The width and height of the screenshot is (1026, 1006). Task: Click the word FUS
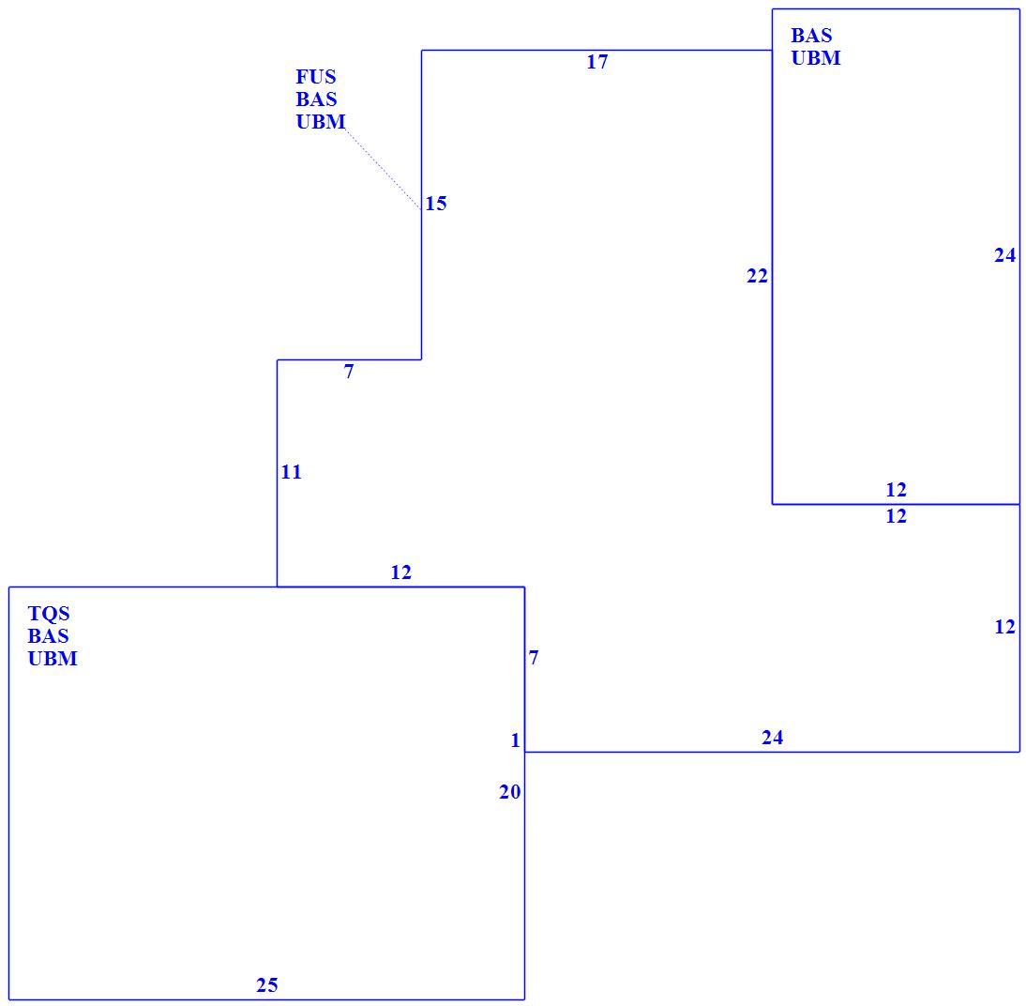pos(316,77)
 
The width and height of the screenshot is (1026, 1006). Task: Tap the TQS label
pos(49,614)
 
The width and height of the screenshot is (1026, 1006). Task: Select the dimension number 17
pos(596,62)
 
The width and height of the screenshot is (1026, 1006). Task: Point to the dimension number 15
pos(436,204)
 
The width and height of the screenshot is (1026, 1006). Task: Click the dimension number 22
pos(757,277)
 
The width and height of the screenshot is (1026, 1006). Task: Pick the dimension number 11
pos(291,472)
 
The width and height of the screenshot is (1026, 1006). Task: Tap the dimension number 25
pos(267,985)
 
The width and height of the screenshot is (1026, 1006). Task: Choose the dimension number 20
pos(510,792)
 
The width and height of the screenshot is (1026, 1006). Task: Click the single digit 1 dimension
pos(516,740)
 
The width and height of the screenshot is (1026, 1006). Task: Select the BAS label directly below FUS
pos(316,99)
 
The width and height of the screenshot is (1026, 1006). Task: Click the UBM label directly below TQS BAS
pos(53,658)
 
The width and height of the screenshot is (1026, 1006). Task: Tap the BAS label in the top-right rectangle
pos(811,36)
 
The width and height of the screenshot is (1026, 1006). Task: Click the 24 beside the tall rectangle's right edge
pos(1005,255)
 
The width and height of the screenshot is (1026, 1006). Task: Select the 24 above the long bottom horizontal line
pos(772,739)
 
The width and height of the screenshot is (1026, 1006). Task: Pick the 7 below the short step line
pos(349,372)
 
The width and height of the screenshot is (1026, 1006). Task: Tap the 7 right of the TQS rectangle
pos(534,658)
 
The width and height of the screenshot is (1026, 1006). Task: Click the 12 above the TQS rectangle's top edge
pos(401,573)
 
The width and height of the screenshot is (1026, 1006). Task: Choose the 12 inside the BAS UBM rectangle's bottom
pos(896,490)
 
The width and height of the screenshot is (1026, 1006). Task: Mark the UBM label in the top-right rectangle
pos(816,57)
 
